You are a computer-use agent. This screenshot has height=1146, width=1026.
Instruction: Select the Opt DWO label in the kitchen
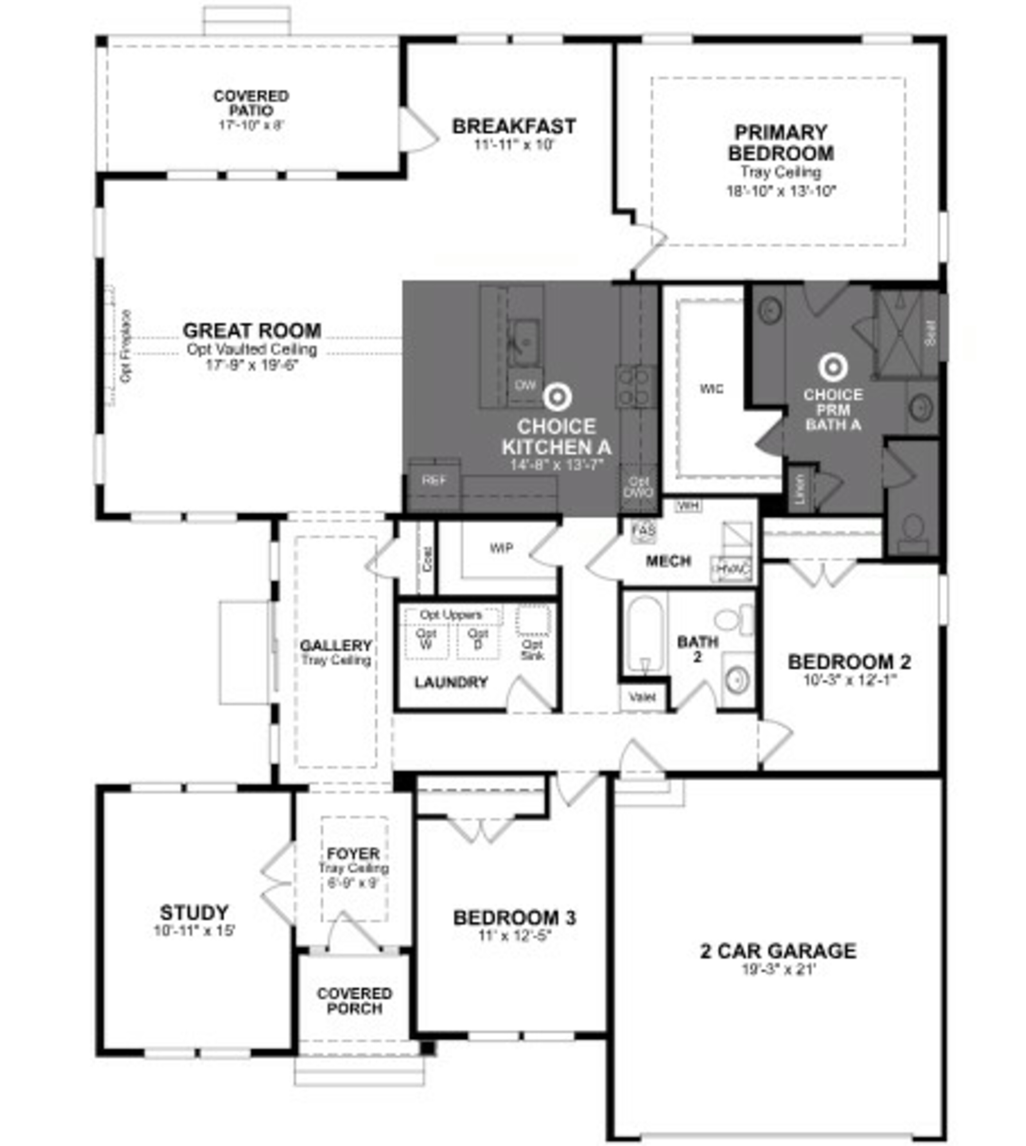(639, 487)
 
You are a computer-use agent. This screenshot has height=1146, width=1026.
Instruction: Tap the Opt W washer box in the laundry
(426, 639)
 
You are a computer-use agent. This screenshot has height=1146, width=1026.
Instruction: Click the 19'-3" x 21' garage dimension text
(779, 969)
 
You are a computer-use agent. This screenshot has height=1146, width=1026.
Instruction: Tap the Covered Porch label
(354, 1001)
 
